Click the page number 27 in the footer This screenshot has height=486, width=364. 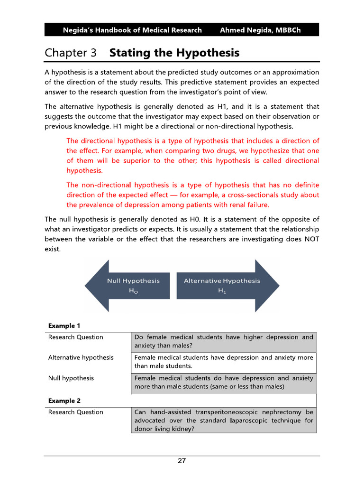(182, 461)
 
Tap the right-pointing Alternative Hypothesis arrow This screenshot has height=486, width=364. (227, 286)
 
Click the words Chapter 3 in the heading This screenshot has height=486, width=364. (71, 53)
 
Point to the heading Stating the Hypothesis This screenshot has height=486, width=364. (174, 53)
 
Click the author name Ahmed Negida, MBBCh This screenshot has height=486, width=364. (260, 30)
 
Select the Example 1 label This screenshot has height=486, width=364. (64, 326)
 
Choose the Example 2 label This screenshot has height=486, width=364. (64, 401)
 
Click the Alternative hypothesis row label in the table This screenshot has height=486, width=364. (81, 357)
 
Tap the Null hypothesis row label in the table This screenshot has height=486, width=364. (71, 378)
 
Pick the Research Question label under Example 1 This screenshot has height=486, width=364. (75, 337)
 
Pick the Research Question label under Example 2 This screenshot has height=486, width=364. (75, 412)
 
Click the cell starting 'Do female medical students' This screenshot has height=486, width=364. (224, 341)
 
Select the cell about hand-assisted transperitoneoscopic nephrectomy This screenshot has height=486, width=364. (224, 420)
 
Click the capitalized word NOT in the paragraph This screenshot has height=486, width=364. (310, 239)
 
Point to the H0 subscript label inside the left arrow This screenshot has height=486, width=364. (133, 291)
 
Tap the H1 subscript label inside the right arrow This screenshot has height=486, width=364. (222, 291)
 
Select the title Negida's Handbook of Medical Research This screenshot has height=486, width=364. (132, 30)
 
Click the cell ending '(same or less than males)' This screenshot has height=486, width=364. (224, 383)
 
